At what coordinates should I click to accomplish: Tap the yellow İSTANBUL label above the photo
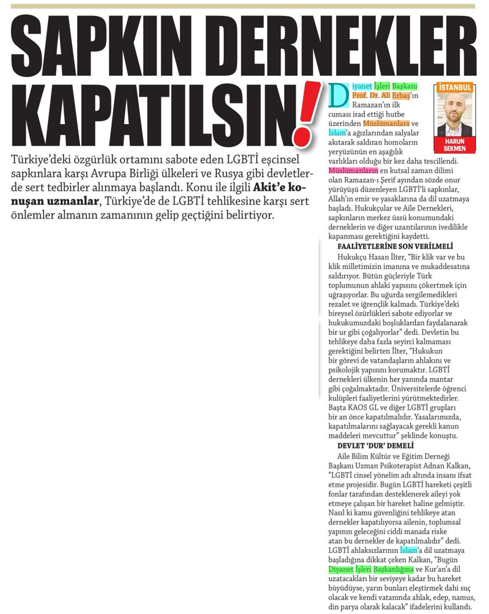click(x=455, y=88)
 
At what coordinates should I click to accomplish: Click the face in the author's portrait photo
click(x=455, y=111)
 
